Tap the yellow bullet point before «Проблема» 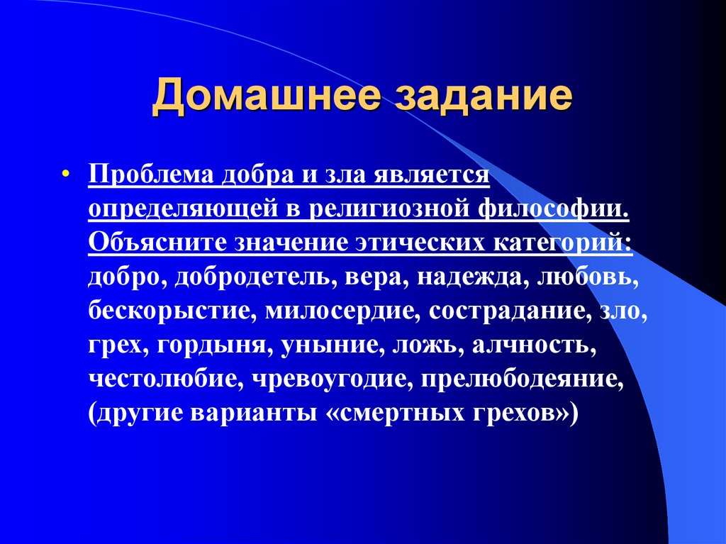tap(65, 174)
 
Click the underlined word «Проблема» tap(150, 174)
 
